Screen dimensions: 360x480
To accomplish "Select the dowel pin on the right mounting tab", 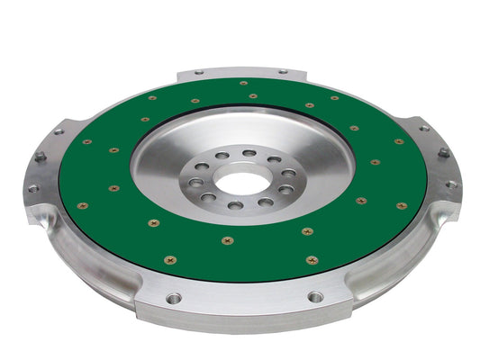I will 443,154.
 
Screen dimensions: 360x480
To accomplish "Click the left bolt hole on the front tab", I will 174,297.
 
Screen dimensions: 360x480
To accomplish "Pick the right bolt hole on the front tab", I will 315,296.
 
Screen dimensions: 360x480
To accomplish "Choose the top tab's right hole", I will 282,72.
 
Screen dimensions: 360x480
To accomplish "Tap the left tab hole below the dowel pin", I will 33,188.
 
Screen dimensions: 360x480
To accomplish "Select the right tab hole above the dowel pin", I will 422,128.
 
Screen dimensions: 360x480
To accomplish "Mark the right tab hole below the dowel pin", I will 450,184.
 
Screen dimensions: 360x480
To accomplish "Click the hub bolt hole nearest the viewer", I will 236,205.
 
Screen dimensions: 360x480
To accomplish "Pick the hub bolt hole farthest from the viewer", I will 249,154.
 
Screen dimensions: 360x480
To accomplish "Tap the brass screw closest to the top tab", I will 244,83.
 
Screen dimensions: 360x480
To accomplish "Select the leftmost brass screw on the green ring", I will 83,205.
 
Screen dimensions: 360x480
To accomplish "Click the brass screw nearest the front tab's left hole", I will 168,260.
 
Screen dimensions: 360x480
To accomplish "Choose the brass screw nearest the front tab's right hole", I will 312,260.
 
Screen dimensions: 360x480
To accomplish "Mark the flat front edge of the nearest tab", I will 243,315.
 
